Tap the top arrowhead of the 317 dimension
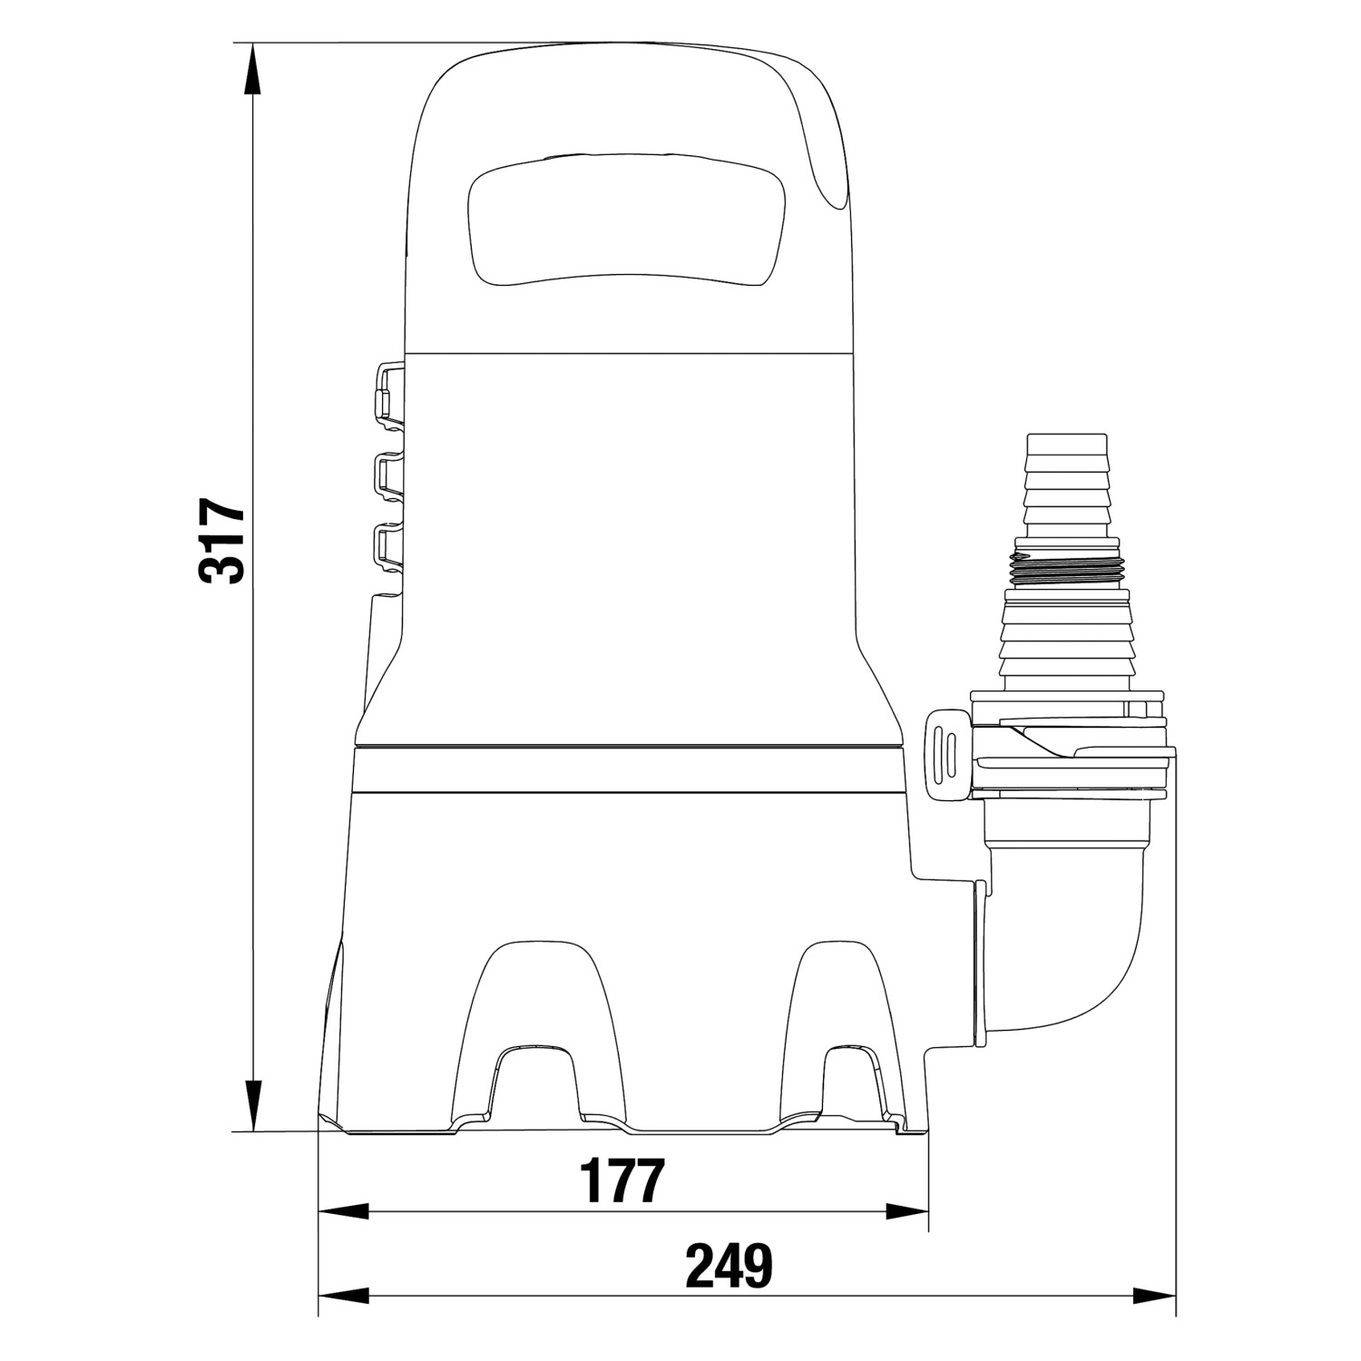[x=255, y=69]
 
